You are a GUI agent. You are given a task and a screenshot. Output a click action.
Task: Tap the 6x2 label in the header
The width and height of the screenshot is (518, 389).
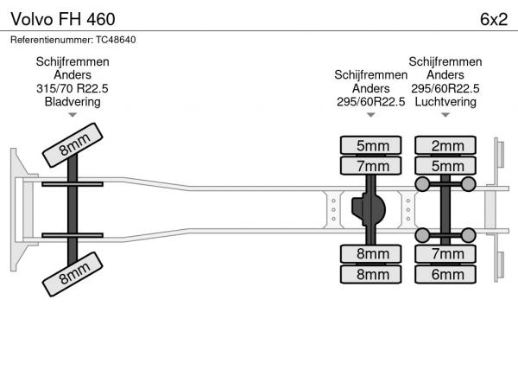492,19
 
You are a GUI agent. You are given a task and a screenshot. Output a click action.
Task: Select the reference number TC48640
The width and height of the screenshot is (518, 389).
111,39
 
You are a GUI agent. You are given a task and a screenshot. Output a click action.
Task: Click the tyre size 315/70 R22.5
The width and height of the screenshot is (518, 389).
73,88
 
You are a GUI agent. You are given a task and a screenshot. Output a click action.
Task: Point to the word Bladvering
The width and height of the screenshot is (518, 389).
73,101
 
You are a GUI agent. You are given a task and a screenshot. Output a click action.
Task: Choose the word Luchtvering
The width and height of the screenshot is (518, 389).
445,101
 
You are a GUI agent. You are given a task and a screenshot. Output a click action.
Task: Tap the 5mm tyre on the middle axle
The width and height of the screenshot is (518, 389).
372,145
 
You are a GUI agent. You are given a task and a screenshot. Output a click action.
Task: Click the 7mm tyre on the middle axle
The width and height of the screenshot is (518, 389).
372,166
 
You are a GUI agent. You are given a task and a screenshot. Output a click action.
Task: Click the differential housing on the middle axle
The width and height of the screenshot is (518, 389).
371,209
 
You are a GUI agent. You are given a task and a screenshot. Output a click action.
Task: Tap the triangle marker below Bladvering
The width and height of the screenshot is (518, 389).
73,115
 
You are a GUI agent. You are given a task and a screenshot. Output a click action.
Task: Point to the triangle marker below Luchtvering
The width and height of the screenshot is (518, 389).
445,115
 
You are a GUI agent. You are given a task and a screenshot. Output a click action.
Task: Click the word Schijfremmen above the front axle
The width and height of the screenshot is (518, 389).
73,61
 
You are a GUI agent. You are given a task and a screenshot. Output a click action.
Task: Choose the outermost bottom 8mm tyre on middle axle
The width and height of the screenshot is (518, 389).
372,274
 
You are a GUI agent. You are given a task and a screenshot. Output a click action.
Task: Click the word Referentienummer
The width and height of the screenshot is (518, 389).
45,39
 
